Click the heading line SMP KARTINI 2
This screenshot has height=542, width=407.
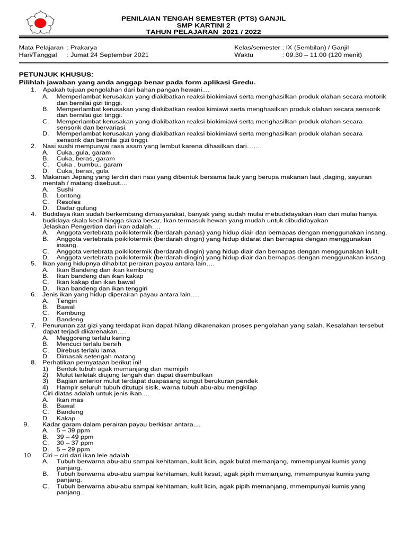click(203, 25)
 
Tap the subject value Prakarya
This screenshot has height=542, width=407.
click(84, 47)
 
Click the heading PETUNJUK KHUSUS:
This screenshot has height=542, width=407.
click(56, 75)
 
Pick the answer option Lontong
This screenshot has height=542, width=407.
click(68, 196)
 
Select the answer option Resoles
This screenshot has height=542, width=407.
click(68, 202)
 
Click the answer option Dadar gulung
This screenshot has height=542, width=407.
click(76, 208)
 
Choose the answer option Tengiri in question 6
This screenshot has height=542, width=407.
click(67, 301)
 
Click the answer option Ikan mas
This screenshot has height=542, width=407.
click(70, 400)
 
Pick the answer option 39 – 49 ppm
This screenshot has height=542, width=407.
click(75, 437)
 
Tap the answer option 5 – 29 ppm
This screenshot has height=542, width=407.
click(73, 449)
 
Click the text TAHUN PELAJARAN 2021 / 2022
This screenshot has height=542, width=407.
click(203, 32)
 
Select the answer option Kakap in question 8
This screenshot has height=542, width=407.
click(66, 418)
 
